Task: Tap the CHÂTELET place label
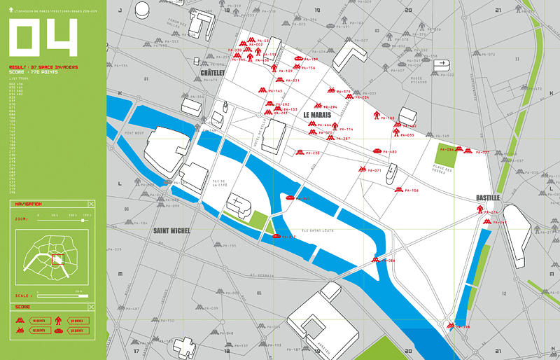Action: [x=213, y=73]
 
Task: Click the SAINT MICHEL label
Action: [x=172, y=230]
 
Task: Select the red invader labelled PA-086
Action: [x=376, y=261]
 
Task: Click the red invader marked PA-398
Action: [x=451, y=326]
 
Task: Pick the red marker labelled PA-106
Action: [x=396, y=190]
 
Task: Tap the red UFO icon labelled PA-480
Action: [x=377, y=151]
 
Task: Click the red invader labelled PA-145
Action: [x=262, y=90]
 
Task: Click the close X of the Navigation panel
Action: [x=90, y=204]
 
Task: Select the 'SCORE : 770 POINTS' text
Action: [x=34, y=72]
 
